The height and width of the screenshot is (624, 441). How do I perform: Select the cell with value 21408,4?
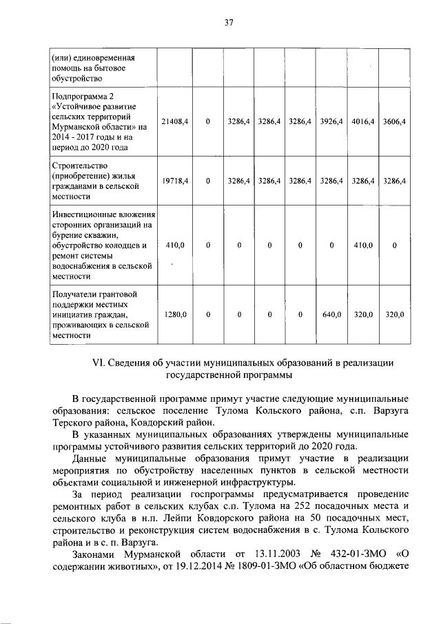(175, 121)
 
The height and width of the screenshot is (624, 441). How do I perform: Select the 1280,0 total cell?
(175, 315)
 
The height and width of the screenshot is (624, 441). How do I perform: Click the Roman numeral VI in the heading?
(99, 363)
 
